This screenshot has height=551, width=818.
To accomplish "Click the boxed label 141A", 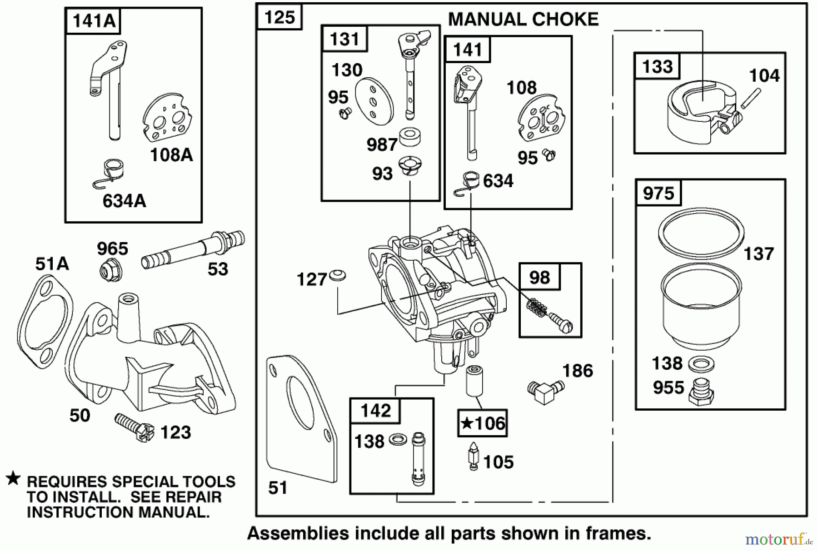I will [x=93, y=21].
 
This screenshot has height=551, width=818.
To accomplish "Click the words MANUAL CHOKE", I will [x=523, y=20].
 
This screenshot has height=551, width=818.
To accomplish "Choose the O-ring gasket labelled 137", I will [x=701, y=234].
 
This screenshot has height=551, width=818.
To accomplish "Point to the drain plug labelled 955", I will [x=701, y=391].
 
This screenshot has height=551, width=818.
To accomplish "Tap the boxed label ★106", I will [x=483, y=423].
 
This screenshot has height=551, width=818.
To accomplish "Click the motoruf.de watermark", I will [x=778, y=539].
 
